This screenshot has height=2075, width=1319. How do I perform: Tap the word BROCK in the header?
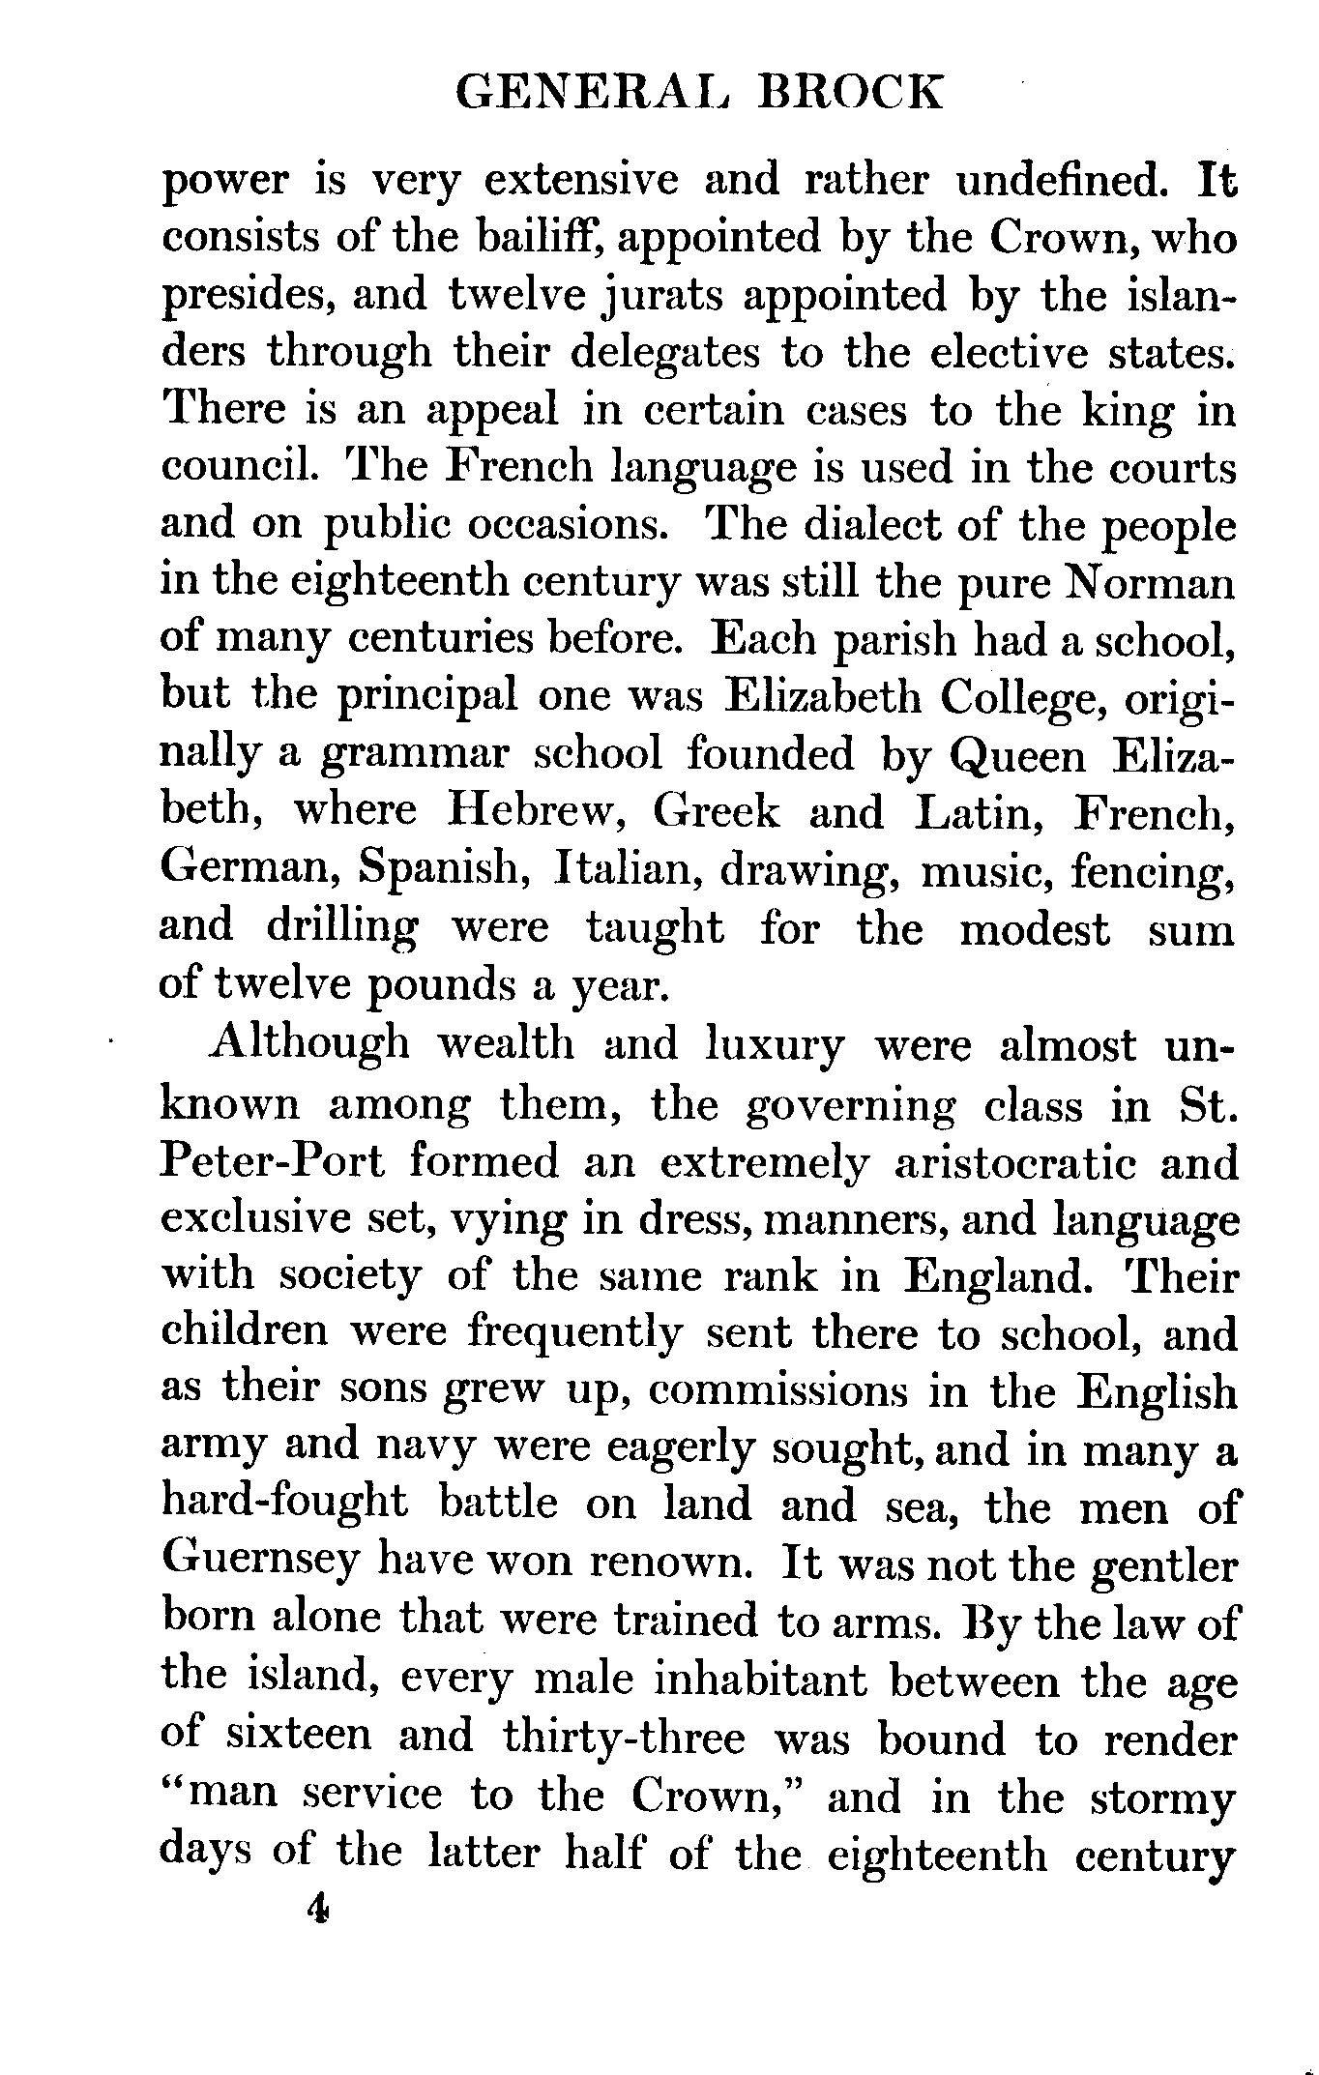coord(851,94)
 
